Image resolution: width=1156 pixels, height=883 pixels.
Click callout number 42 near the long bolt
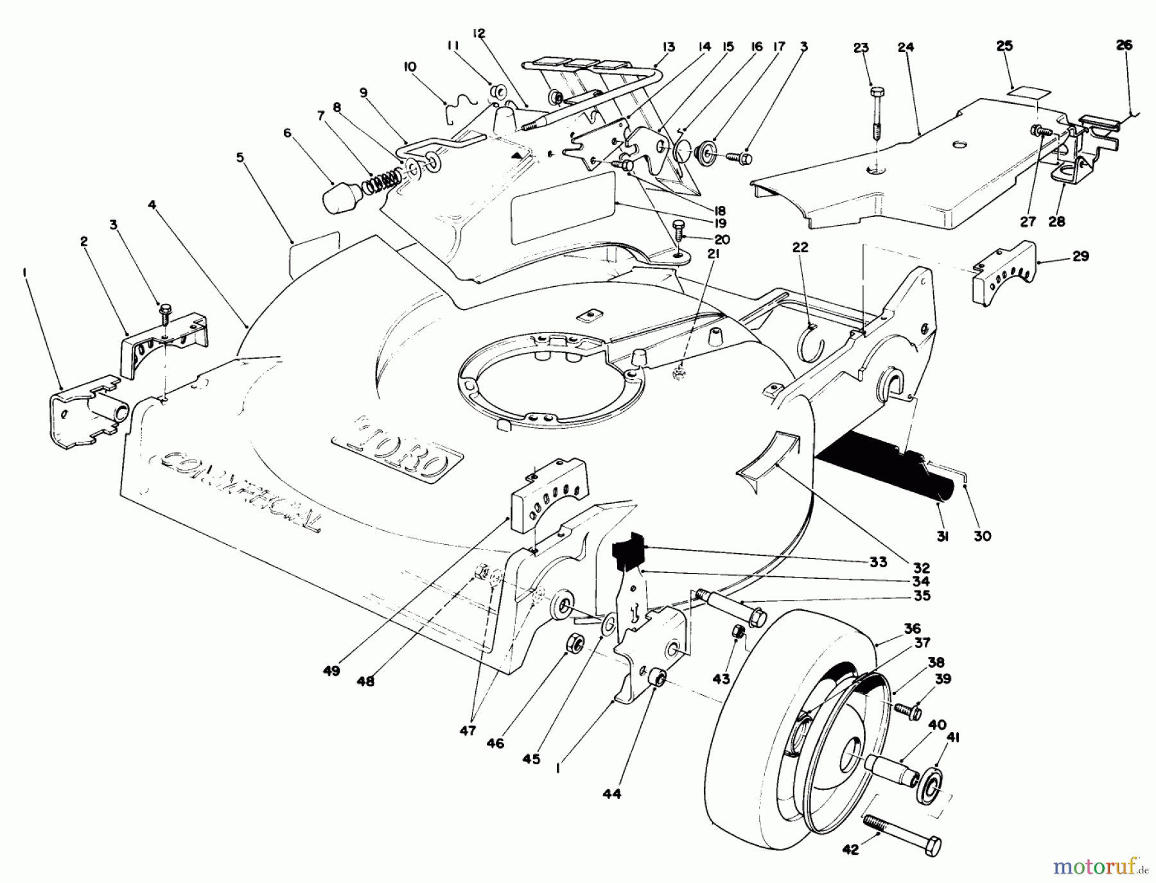pos(850,850)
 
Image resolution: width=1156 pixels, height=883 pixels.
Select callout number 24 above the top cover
pos(906,47)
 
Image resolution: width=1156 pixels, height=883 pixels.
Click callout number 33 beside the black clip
pos(878,562)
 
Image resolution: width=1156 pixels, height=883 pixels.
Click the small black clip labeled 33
pos(627,551)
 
